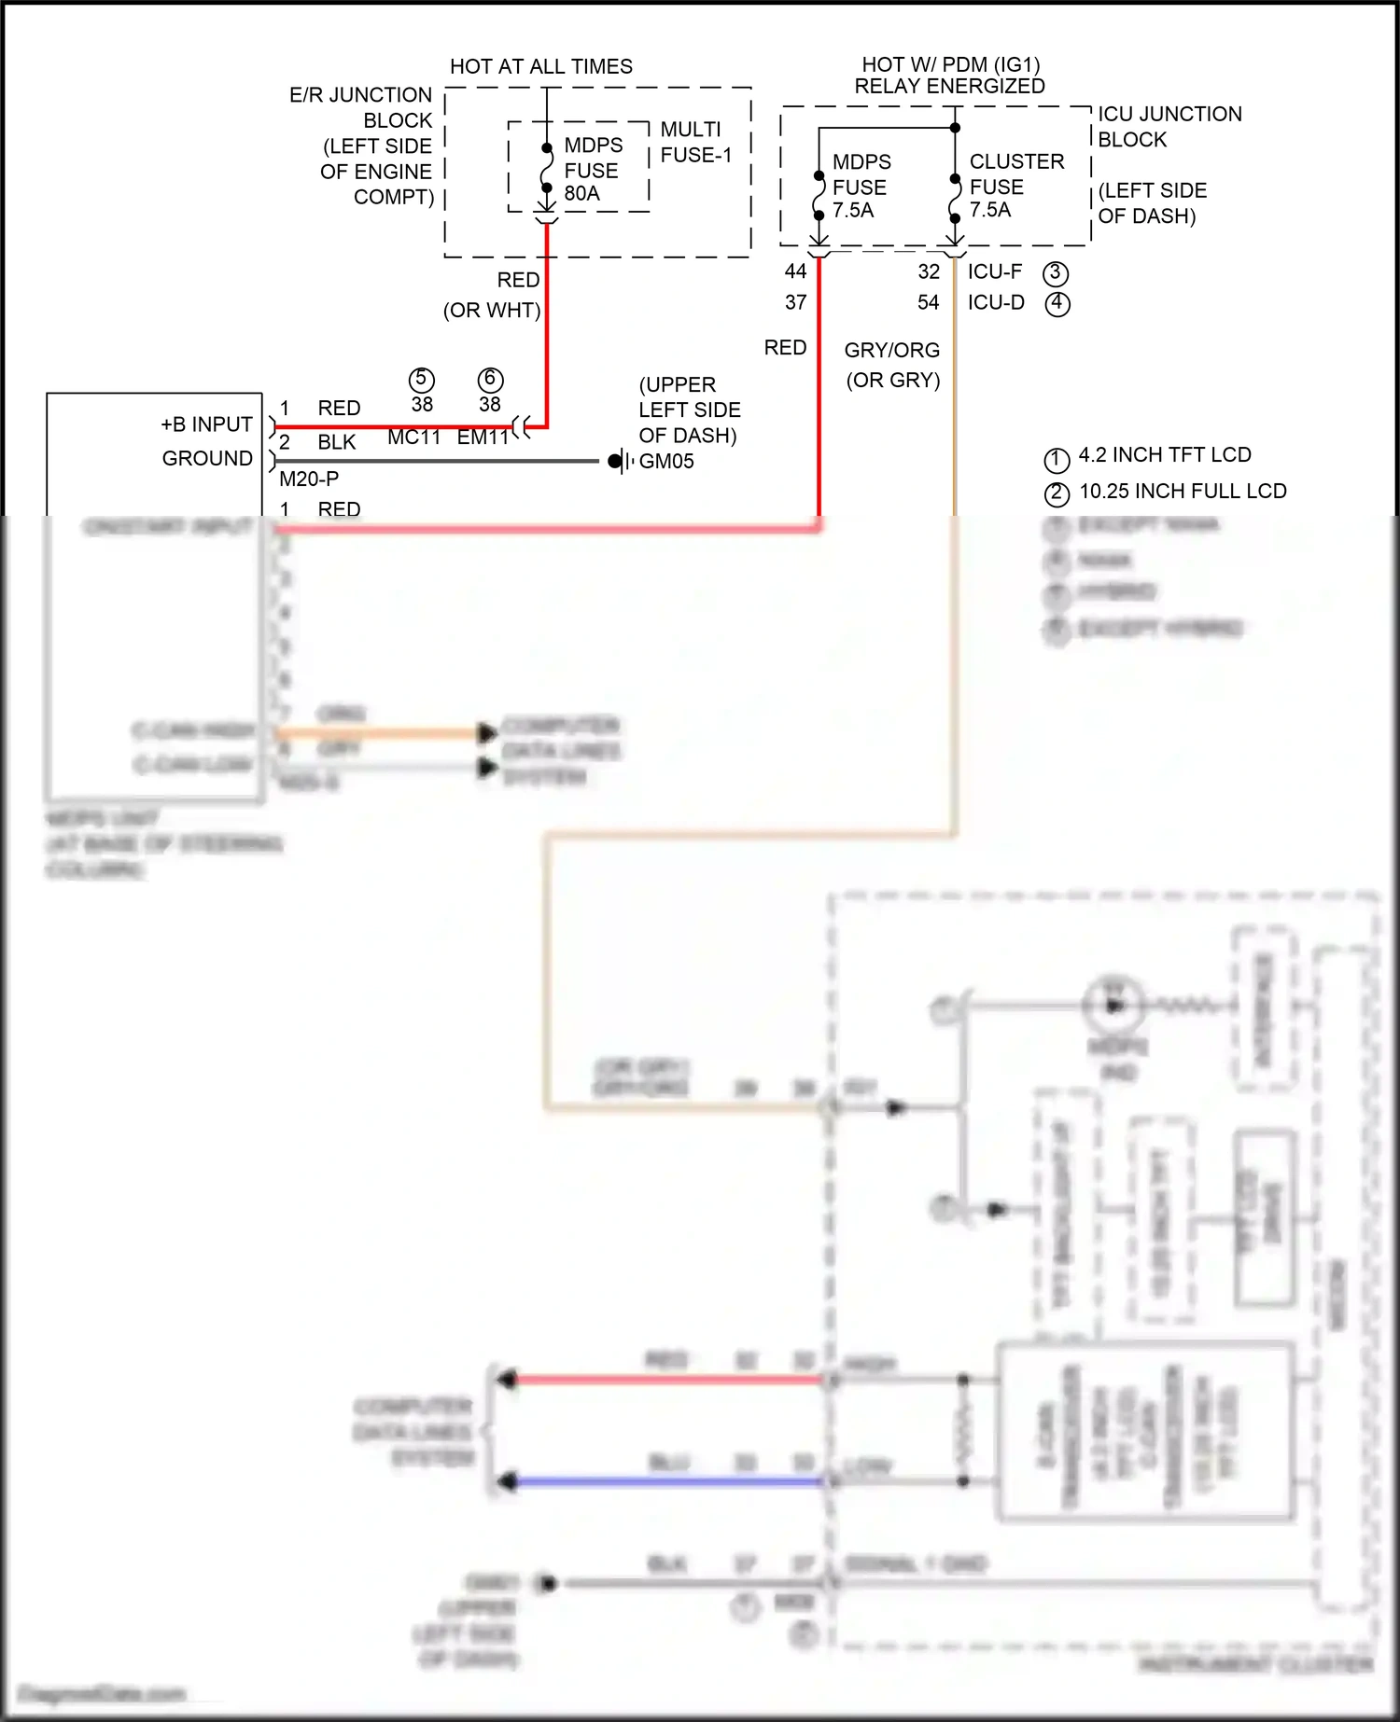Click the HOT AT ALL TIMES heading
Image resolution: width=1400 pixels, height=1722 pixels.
click(x=540, y=67)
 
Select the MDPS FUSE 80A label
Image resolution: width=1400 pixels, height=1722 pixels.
click(x=593, y=170)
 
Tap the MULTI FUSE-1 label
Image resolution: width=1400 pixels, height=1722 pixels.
click(x=695, y=142)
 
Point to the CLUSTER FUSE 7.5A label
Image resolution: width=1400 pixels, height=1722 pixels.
click(x=1015, y=186)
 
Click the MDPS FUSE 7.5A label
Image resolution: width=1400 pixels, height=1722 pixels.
click(x=861, y=187)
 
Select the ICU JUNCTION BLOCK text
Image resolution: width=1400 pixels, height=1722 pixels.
click(x=1169, y=126)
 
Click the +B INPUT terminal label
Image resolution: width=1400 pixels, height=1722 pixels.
click(x=206, y=424)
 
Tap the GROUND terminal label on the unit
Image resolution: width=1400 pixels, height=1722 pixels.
click(x=207, y=459)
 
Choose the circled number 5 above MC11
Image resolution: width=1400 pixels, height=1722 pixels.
click(x=422, y=380)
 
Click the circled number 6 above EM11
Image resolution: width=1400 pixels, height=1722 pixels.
click(x=490, y=380)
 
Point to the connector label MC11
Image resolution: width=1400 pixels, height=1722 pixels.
click(x=413, y=437)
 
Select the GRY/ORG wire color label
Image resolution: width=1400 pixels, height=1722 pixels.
click(x=891, y=351)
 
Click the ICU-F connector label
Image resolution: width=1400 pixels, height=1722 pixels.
click(x=994, y=271)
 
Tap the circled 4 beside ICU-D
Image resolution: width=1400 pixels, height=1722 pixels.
click(x=1057, y=304)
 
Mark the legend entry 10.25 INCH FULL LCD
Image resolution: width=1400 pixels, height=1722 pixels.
click(x=1183, y=492)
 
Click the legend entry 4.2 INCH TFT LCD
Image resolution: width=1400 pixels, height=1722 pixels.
click(x=1164, y=455)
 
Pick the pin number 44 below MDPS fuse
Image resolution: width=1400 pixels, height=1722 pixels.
click(x=795, y=271)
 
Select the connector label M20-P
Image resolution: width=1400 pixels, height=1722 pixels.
click(x=309, y=479)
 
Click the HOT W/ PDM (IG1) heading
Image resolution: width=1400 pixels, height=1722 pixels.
click(x=950, y=64)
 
